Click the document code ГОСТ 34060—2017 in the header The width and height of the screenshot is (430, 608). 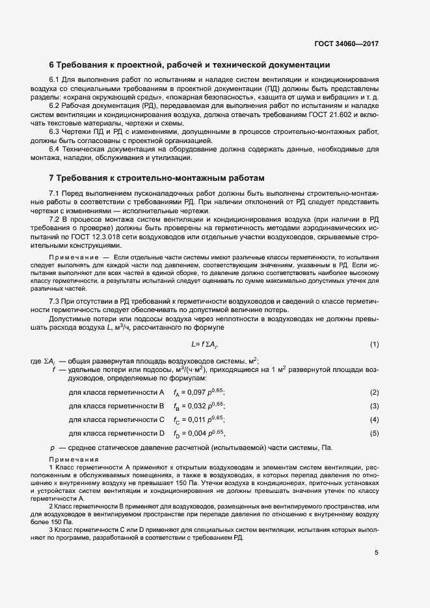click(x=346, y=44)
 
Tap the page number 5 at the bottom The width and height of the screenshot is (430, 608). click(x=377, y=553)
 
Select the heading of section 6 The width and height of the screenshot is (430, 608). click(x=190, y=65)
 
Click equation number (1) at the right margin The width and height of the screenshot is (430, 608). click(x=374, y=344)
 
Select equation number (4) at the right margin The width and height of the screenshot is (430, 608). click(x=374, y=420)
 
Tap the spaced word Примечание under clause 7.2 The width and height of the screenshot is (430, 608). click(x=72, y=259)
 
